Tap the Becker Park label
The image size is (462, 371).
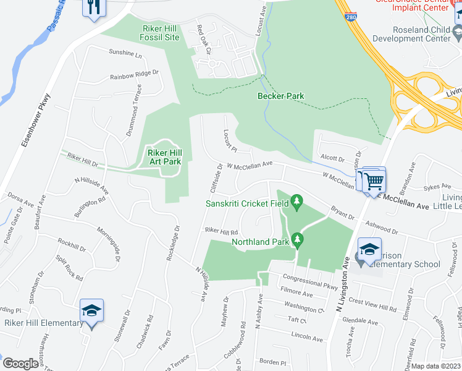[x=281, y=96]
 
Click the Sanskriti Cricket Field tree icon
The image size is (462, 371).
[x=297, y=201]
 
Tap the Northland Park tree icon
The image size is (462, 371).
[x=297, y=238]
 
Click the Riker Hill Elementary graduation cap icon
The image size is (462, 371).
[x=91, y=310]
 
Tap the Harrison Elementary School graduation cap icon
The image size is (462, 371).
[x=370, y=249]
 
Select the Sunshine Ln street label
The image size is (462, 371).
[x=126, y=53]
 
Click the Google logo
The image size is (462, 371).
[x=20, y=364]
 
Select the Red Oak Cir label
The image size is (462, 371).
[x=203, y=38]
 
